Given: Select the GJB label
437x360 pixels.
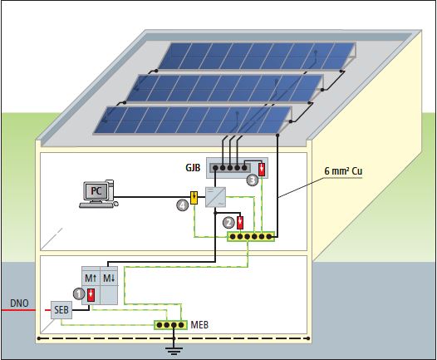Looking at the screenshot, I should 194,167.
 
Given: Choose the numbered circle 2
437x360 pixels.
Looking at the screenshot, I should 228,221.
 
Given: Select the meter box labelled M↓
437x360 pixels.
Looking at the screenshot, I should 110,277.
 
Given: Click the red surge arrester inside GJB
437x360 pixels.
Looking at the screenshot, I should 262,170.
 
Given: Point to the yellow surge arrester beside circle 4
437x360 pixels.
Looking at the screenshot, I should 193,198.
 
